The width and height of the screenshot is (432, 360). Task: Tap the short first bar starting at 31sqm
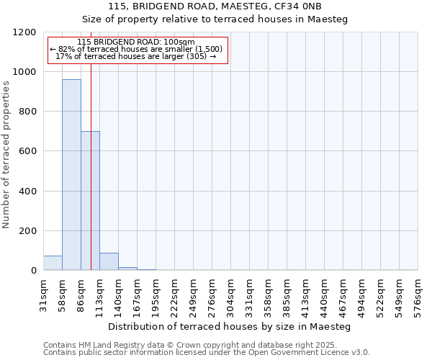(53, 264)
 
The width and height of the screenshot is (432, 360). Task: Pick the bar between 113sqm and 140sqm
(109, 262)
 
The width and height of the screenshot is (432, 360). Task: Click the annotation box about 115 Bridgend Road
(138, 50)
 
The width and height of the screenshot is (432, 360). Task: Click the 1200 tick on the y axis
(25, 32)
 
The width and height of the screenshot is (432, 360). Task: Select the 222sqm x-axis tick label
(174, 293)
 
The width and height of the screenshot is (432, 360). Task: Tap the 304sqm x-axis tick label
(230, 293)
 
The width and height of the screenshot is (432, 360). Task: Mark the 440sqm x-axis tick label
(324, 293)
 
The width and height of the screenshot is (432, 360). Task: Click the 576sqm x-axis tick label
(418, 293)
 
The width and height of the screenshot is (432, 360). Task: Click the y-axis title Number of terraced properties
(6, 155)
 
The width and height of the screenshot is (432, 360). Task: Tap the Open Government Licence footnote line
(207, 353)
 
